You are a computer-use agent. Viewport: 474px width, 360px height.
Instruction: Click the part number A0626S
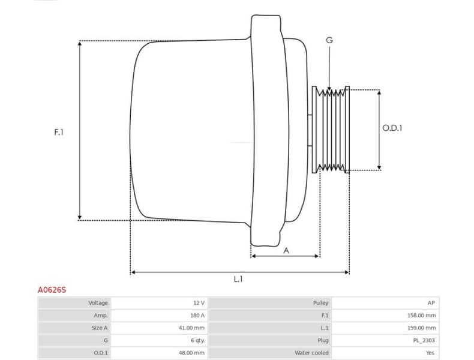[52, 290]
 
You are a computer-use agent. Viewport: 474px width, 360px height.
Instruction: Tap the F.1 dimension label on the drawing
[59, 132]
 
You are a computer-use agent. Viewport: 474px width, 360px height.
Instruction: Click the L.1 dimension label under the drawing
[238, 279]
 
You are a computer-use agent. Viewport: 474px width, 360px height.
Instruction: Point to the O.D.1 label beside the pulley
[392, 128]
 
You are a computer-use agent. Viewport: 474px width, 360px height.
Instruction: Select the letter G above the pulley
[329, 40]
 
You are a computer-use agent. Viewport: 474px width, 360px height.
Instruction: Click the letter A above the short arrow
[286, 250]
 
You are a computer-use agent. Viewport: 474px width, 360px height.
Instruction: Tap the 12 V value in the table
[199, 303]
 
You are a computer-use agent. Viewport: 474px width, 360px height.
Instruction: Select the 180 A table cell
[197, 316]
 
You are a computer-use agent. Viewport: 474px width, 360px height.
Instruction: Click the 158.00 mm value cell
[421, 316]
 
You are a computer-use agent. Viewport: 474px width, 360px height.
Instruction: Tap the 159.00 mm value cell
[421, 328]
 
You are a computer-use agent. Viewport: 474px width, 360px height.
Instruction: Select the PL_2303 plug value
[424, 341]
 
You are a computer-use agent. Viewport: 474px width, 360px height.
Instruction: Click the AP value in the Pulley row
[431, 303]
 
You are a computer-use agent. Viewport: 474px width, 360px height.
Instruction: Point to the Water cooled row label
[311, 353]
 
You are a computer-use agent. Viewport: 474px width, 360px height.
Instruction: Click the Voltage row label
[98, 303]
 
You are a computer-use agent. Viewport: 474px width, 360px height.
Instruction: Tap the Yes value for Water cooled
[430, 353]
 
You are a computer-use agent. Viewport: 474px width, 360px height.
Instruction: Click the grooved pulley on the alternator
[331, 129]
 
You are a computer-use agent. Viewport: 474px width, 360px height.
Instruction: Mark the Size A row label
[99, 328]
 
